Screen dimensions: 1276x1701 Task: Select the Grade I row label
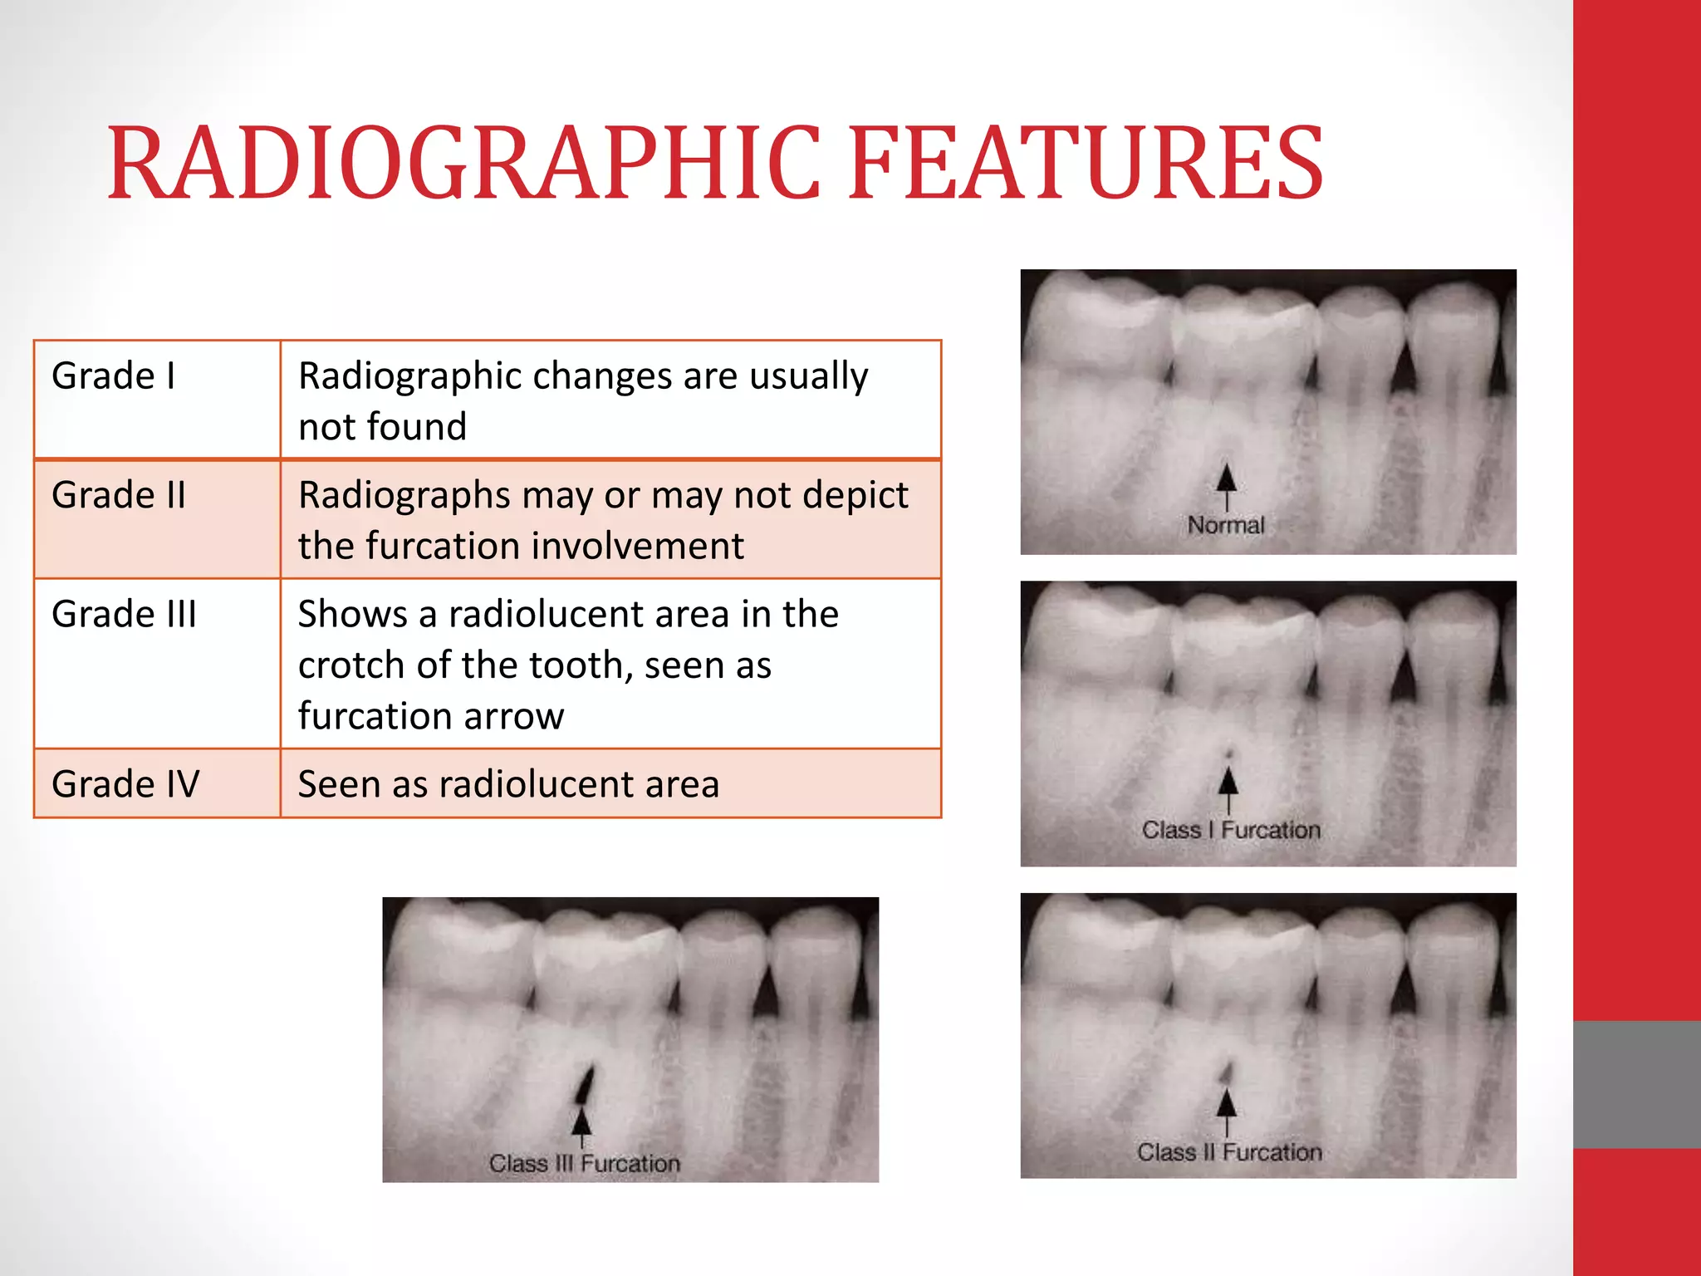point(114,376)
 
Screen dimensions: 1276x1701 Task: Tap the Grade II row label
point(119,495)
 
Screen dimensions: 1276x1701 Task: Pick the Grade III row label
point(125,615)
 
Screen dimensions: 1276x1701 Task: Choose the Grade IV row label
point(125,784)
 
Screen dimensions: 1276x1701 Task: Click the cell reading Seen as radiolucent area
point(508,784)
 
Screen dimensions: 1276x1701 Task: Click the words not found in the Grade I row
point(382,427)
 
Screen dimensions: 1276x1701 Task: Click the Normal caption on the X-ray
point(1225,525)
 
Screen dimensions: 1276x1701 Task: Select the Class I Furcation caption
point(1231,830)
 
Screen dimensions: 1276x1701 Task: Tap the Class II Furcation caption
point(1229,1152)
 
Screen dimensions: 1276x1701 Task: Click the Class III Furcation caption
point(584,1164)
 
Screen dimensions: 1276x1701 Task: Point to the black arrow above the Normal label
point(1226,485)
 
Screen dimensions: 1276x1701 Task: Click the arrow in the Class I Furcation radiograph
point(1228,788)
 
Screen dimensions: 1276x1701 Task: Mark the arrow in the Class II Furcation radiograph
point(1227,1110)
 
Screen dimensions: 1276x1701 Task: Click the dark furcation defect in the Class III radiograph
point(586,1083)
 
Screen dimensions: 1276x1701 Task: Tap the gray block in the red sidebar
point(1636,1084)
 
